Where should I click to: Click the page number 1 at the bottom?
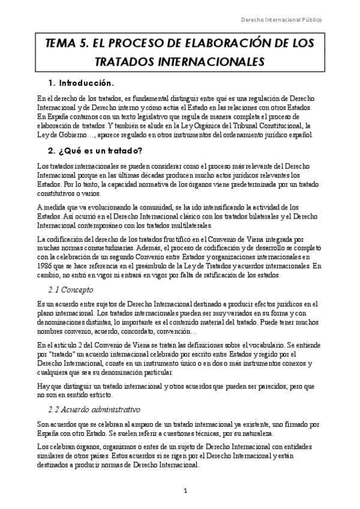186,490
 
